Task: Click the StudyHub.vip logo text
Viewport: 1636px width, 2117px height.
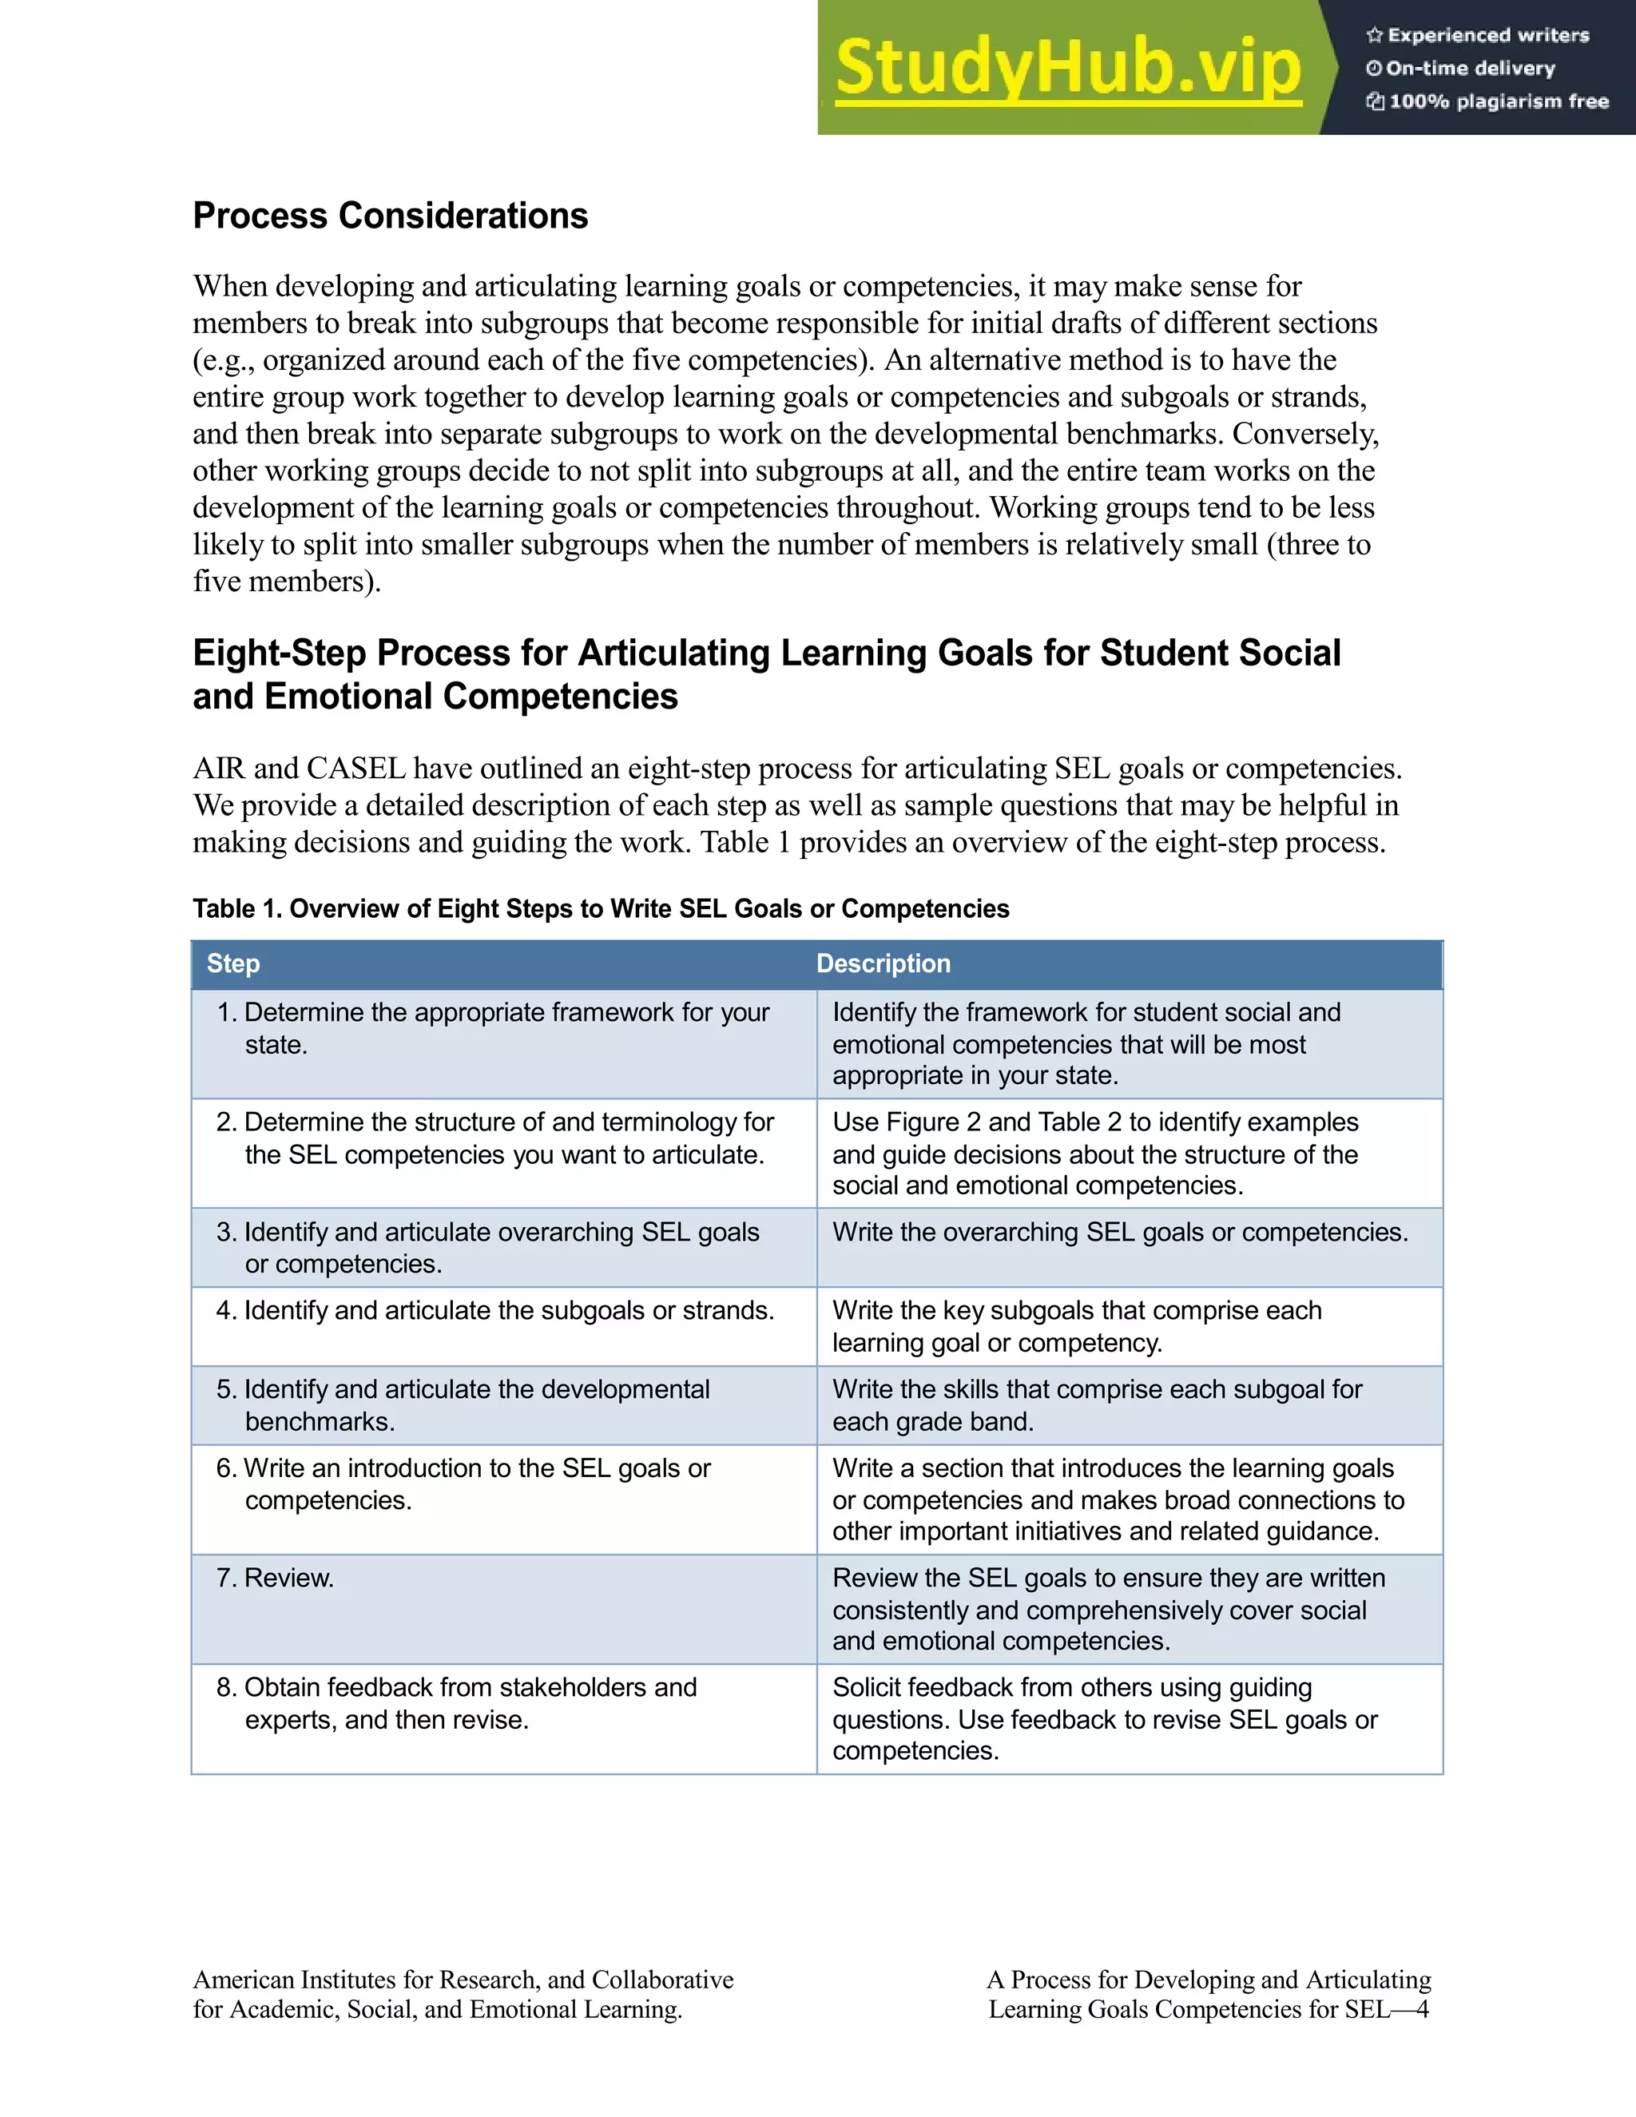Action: click(1067, 68)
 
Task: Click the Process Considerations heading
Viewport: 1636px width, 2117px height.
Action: click(390, 215)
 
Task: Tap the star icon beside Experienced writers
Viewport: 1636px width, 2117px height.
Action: click(1373, 36)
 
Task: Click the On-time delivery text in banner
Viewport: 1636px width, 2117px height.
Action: click(1469, 69)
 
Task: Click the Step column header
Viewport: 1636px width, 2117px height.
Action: click(233, 963)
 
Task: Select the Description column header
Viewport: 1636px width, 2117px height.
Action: click(883, 963)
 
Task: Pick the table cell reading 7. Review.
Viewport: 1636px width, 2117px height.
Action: click(276, 1577)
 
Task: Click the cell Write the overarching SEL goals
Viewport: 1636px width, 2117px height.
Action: click(1119, 1232)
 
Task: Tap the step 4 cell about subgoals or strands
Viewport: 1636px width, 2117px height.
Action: click(495, 1310)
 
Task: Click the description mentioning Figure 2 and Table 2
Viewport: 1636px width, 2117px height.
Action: click(1095, 1154)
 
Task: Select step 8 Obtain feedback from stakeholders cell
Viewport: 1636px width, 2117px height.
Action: click(456, 1703)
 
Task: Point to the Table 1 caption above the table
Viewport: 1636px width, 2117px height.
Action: click(601, 908)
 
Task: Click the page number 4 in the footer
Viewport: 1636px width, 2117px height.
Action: click(1422, 2009)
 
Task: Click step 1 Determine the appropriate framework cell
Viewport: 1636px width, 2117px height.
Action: click(492, 1027)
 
